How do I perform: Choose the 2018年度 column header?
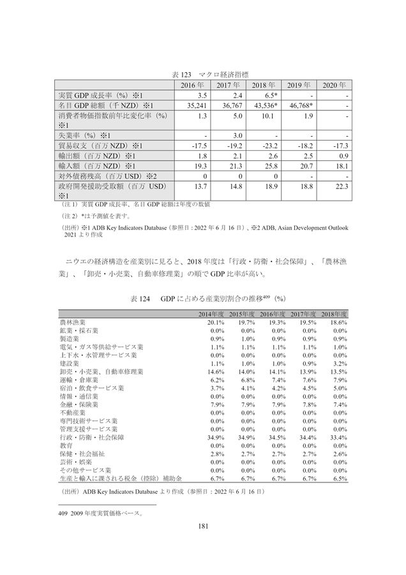[x=333, y=314]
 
